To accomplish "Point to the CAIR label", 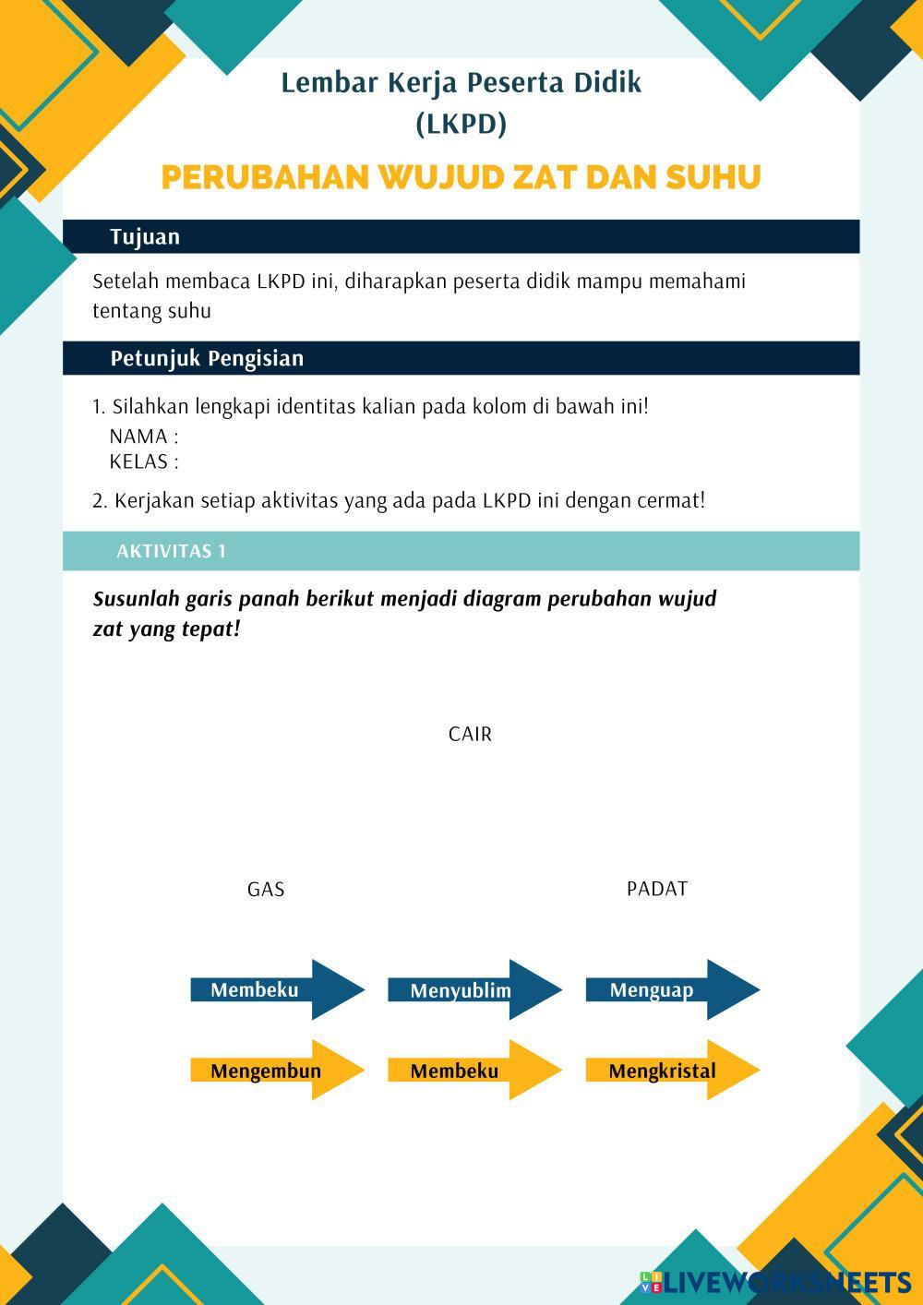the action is tap(470, 735).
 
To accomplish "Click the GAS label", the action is tap(266, 890).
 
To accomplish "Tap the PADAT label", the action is tap(657, 889).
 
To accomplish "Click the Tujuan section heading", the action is tap(145, 237).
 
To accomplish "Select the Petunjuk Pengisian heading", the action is tap(207, 358).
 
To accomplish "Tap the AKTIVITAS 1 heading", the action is tap(171, 552).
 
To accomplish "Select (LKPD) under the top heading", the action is tap(461, 124).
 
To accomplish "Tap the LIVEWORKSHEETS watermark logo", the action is tap(775, 1282).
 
